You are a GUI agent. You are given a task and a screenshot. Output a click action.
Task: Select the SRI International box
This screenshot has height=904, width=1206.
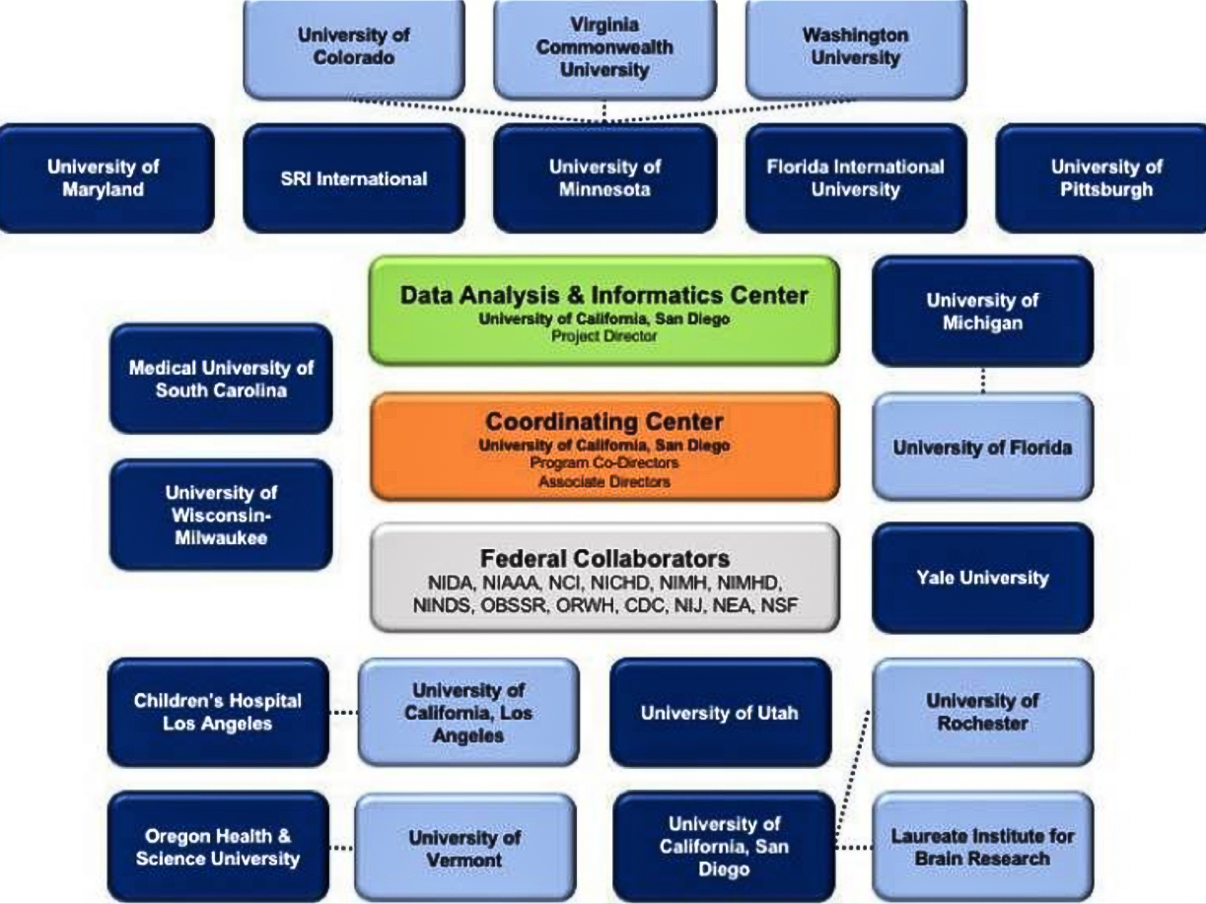point(353,178)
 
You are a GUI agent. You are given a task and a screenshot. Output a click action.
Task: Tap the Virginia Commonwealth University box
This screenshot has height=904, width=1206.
point(604,46)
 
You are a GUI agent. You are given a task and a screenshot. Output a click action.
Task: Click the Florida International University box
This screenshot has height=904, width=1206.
point(855,177)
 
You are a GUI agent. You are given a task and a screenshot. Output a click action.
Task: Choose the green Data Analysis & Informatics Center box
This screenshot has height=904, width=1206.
point(603,310)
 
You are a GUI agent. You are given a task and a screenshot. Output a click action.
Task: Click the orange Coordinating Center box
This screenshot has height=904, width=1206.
point(603,446)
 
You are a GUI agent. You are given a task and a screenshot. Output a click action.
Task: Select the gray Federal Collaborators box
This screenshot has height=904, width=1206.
point(603,577)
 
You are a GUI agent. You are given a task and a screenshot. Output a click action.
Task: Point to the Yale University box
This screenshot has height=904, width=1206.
point(982,578)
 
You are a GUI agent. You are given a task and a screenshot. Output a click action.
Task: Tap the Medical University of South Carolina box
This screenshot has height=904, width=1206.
point(221,379)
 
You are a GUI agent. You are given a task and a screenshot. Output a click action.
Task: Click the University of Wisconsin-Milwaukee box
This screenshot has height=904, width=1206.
point(221,514)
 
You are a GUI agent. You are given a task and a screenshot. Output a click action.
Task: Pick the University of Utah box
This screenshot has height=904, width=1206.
point(720,712)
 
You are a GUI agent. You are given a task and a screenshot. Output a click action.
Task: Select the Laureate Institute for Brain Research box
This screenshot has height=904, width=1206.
point(982,846)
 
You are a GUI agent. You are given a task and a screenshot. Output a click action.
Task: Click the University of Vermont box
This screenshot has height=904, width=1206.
point(464,848)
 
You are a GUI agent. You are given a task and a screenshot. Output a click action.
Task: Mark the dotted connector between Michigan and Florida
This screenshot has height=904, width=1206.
point(983,380)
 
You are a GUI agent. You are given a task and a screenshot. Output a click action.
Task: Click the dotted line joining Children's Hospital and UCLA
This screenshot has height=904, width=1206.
point(342,712)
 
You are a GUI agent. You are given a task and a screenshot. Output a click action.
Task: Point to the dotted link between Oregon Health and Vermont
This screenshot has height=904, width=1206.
point(341,847)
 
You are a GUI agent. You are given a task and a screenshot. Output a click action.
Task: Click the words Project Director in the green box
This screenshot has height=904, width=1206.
point(603,336)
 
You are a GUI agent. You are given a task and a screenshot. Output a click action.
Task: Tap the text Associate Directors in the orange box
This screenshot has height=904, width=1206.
point(603,482)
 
